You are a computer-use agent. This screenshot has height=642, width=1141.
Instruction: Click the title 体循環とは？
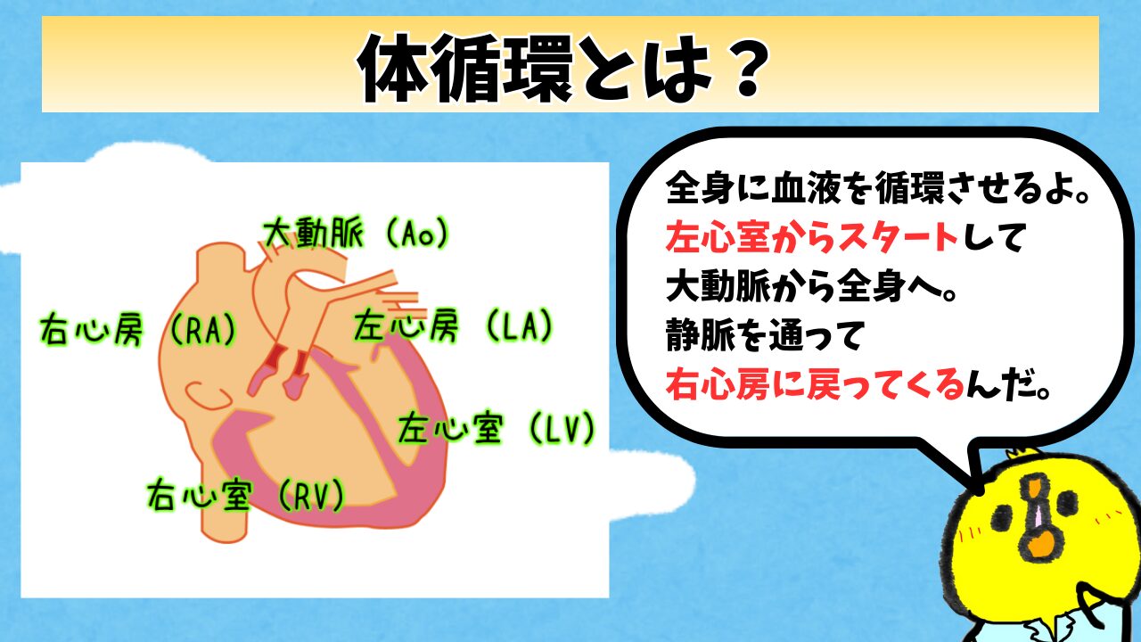(x=562, y=67)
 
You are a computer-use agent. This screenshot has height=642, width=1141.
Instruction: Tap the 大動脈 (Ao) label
(x=356, y=234)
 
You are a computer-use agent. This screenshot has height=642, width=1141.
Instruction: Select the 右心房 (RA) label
(x=138, y=329)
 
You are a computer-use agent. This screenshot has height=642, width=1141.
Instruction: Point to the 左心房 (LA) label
(x=454, y=325)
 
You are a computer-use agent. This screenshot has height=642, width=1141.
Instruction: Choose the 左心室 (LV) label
(x=496, y=428)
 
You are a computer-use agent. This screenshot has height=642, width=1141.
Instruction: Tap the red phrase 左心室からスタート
(x=812, y=238)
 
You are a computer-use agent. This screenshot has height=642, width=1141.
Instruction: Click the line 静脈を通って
(x=763, y=335)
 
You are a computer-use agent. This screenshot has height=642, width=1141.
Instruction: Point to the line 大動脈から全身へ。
(x=811, y=287)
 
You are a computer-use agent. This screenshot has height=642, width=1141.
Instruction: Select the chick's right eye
(x=1067, y=502)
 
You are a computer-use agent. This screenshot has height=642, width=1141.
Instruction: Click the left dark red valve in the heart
(x=275, y=358)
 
